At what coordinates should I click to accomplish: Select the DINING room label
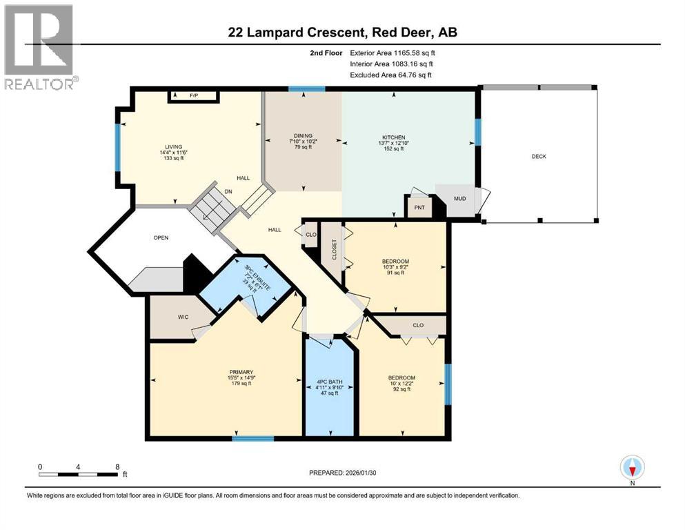303,136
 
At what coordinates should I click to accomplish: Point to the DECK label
539,157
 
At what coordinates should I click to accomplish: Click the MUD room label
459,199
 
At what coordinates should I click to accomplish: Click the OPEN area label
161,238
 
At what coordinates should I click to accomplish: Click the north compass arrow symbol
632,468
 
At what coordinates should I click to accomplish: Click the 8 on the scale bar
118,467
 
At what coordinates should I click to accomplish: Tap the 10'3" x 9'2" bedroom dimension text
395,267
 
